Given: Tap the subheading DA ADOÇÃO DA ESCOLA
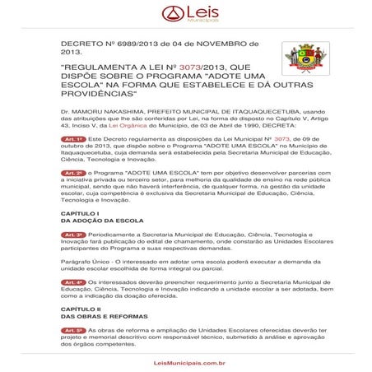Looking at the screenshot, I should [x=99, y=221].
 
